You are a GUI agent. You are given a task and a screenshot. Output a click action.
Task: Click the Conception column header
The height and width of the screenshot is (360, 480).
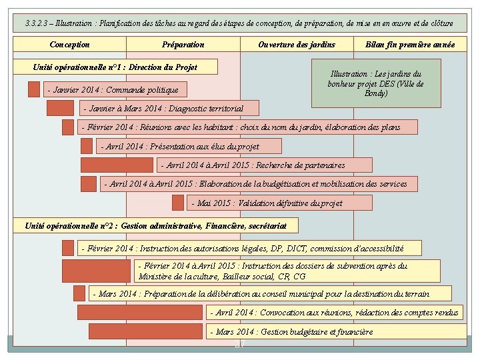coord(70,45)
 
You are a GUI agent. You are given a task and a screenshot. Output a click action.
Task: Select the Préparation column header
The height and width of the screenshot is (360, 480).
coord(183,45)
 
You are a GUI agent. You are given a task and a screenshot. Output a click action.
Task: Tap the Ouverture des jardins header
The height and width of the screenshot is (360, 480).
coord(297,45)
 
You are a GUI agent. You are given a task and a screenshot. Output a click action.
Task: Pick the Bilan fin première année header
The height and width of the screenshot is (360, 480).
coord(410,45)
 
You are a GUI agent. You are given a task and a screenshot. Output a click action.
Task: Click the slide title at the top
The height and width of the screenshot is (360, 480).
coord(239,23)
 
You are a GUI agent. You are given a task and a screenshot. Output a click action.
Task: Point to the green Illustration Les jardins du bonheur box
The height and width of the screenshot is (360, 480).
coord(376,83)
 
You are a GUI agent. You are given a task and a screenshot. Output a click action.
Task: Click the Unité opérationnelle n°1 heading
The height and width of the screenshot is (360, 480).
coord(115,67)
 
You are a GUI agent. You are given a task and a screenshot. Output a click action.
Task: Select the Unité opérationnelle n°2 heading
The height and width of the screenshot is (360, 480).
coord(155,226)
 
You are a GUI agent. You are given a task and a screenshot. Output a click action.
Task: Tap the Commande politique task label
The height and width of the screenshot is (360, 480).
coord(113,89)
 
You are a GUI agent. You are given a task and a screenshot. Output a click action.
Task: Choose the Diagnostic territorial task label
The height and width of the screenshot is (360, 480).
coord(164,108)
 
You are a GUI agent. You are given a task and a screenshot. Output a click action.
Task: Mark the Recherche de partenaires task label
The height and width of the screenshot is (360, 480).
coord(265,165)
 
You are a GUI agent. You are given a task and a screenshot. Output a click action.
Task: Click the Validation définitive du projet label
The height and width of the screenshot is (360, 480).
coord(279,203)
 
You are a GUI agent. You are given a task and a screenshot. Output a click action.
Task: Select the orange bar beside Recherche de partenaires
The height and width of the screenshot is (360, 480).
coord(117,165)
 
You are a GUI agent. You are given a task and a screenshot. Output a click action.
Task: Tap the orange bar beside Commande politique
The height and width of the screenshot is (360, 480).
coord(34,89)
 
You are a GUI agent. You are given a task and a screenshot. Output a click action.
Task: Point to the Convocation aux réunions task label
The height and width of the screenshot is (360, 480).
coord(337,312)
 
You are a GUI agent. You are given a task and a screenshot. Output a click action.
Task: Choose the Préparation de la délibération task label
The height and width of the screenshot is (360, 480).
coord(269,293)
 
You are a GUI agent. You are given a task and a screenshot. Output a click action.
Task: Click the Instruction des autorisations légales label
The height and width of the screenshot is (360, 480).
coord(249,248)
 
